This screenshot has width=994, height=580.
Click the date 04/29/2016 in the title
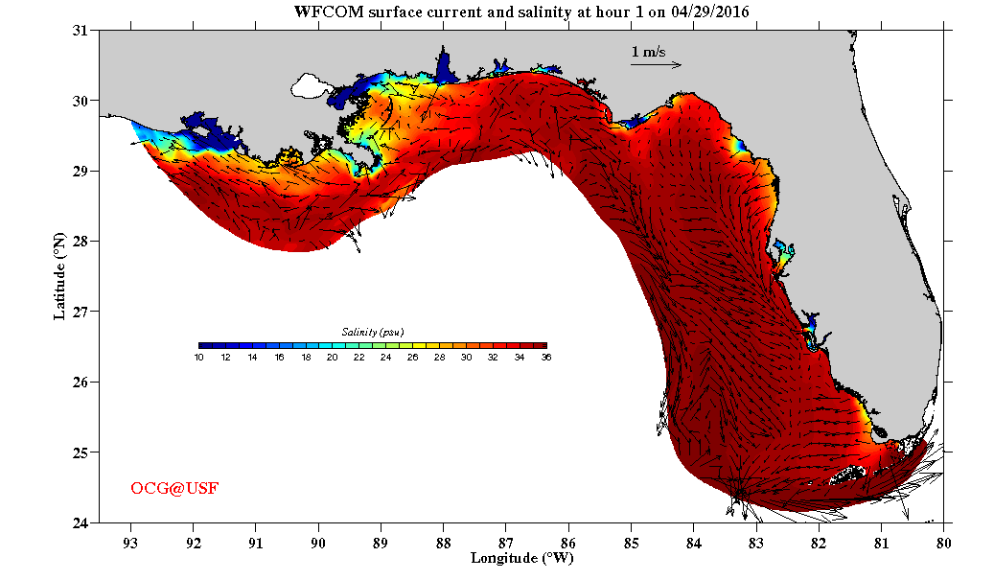(x=710, y=11)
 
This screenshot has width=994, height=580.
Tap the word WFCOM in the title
(x=321, y=11)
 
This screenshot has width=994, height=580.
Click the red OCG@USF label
(x=174, y=489)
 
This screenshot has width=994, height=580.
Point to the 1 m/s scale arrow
(x=656, y=65)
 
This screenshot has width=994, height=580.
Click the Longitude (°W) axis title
(x=521, y=557)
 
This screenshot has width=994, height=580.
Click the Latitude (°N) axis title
(x=60, y=276)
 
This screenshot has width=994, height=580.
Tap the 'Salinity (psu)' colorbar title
(x=372, y=332)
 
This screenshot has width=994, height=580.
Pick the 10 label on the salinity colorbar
(x=198, y=357)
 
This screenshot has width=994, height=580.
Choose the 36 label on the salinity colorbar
(x=545, y=357)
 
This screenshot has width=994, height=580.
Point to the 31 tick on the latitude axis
(x=81, y=31)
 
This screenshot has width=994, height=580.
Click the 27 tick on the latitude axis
(x=81, y=312)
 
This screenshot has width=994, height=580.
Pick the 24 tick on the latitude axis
(x=81, y=522)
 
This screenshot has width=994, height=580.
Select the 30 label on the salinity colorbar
(x=466, y=357)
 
